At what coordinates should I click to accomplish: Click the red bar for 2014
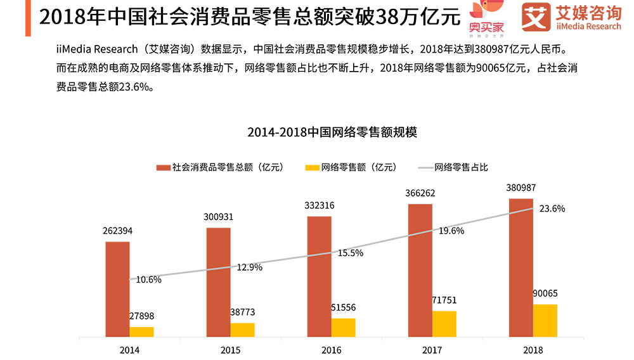pos(117,289)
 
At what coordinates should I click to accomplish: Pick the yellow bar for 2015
pos(242,330)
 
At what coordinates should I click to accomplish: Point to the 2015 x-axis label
pos(230,350)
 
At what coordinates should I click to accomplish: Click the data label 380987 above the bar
pos(521,188)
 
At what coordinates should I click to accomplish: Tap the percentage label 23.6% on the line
pos(552,209)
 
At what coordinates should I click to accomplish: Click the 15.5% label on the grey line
pos(350,253)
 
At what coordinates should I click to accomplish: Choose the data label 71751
pos(444,300)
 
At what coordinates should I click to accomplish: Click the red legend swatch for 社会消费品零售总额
pos(163,167)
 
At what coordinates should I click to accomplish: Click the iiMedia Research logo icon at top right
pos(535,17)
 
